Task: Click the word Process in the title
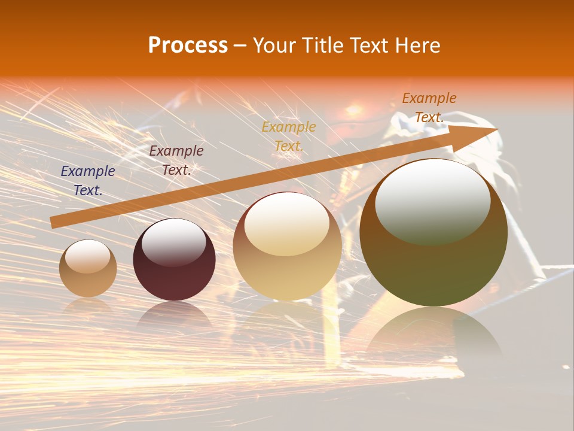188,45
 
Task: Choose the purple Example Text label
88,181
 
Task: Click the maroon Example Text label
176,160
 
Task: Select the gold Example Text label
289,136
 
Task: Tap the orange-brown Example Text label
429,108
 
